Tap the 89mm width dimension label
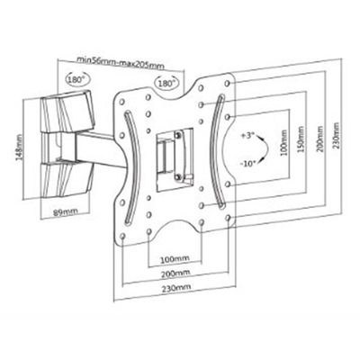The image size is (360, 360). point(65,212)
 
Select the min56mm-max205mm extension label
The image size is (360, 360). point(121,62)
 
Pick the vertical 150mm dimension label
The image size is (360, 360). point(301,139)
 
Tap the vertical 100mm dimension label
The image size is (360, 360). point(284,142)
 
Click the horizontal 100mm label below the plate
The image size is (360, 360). point(175,258)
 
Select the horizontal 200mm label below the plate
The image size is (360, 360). point(175,274)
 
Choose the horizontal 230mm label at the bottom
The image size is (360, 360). point(176,287)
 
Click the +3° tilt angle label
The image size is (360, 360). point(247,136)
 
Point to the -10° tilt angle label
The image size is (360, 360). point(247,164)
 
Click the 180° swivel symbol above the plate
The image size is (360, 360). point(166,83)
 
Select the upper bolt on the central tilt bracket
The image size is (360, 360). point(178,134)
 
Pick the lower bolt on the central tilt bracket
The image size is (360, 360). point(178,177)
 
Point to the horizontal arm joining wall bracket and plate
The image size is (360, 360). point(96,149)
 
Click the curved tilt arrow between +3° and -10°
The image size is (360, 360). point(267,149)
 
